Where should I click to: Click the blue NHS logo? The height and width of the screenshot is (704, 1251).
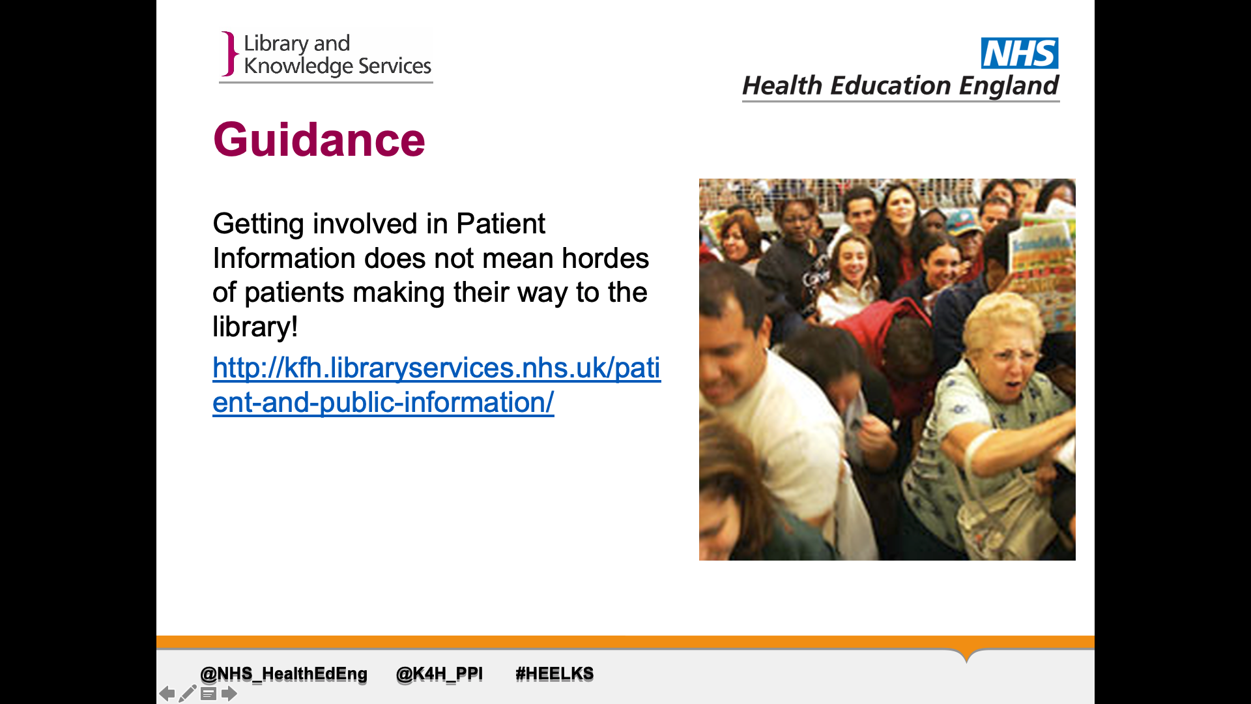pos(1020,53)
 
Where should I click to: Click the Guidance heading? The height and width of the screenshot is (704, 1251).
pos(319,139)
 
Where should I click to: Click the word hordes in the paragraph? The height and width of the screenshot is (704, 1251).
pos(605,258)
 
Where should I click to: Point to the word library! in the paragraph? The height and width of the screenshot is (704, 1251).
pos(255,327)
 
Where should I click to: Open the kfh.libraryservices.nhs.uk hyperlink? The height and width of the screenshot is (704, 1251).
pos(437,385)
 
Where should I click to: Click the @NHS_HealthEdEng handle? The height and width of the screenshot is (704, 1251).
pos(283,673)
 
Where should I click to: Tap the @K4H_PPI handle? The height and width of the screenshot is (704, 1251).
pos(440,673)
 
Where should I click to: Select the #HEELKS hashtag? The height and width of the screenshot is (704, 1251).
pos(554,673)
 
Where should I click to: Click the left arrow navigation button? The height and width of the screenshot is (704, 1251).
pos(167,694)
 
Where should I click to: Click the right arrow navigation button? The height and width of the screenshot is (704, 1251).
pos(229,694)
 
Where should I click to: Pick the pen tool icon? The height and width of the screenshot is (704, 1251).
pos(188,693)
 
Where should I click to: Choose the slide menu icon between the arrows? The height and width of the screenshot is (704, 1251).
pos(208,694)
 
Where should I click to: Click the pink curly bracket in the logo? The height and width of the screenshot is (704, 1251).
pos(229,53)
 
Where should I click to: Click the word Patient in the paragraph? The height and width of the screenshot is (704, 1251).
pos(500,224)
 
